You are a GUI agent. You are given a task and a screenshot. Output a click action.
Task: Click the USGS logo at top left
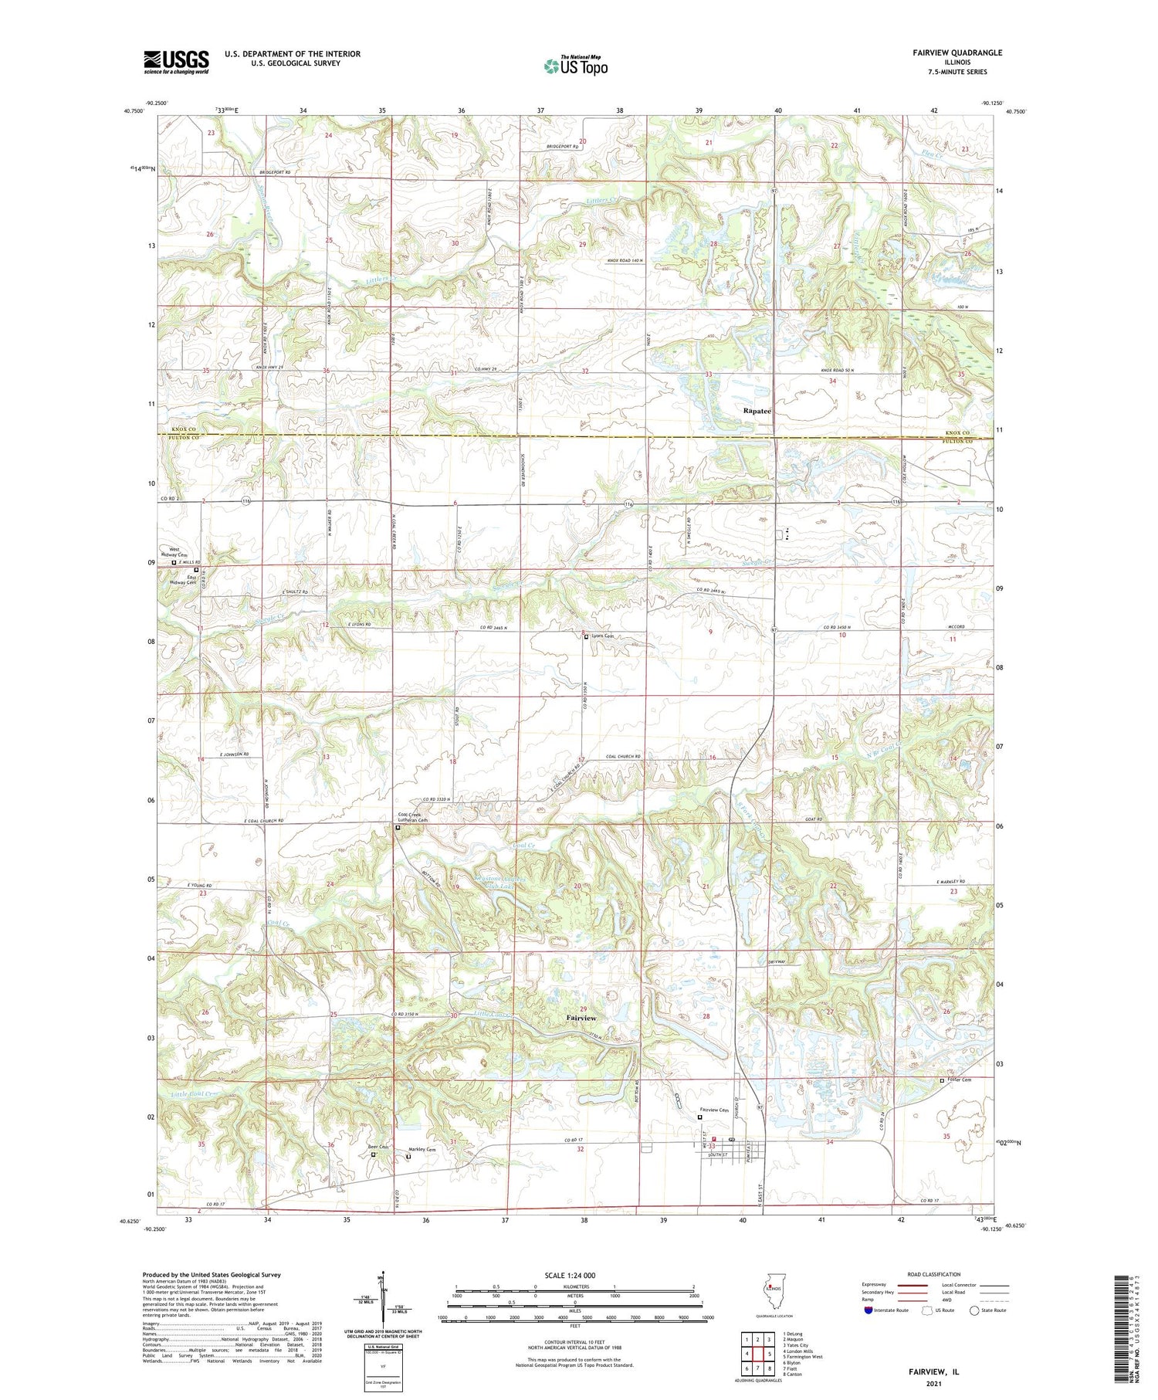click(176, 62)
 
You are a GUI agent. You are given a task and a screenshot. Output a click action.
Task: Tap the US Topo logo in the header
click(575, 66)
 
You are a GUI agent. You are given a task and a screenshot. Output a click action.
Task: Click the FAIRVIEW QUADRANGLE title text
click(957, 53)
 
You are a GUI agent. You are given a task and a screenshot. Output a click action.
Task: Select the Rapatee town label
click(757, 411)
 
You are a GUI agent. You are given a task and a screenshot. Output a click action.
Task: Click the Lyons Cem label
click(603, 636)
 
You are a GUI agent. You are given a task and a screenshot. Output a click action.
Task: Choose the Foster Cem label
click(960, 1080)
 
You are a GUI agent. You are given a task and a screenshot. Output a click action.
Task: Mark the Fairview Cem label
click(714, 1110)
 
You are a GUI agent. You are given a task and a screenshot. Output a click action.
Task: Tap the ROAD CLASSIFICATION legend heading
click(934, 1274)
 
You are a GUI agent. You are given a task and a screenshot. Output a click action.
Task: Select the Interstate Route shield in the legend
click(869, 1310)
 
